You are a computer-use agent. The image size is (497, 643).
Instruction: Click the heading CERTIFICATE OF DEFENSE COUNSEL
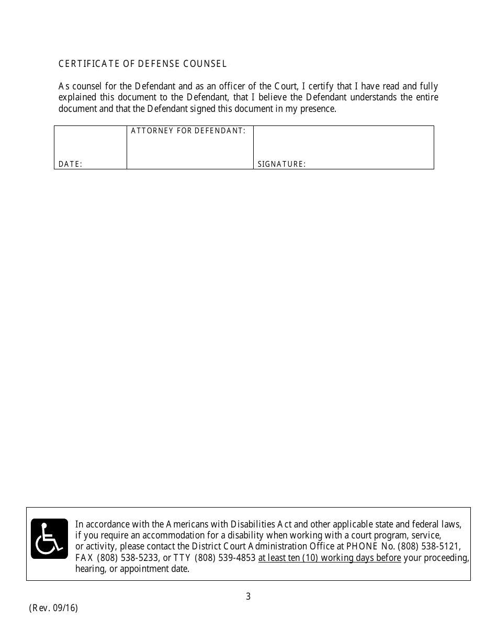tap(142, 64)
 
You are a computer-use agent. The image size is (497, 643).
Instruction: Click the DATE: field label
tap(70, 164)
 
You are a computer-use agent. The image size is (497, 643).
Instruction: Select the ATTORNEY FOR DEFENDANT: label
tap(188, 131)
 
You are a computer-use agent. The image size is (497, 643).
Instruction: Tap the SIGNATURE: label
tap(281, 164)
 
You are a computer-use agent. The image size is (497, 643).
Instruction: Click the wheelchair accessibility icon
tap(49, 538)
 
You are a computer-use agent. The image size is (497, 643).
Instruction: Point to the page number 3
tap(248, 596)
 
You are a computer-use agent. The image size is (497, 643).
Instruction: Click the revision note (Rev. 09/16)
tap(53, 608)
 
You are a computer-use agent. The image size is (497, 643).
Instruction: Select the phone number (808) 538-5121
tap(429, 546)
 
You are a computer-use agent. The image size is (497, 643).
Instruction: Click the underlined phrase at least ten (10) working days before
tap(330, 558)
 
